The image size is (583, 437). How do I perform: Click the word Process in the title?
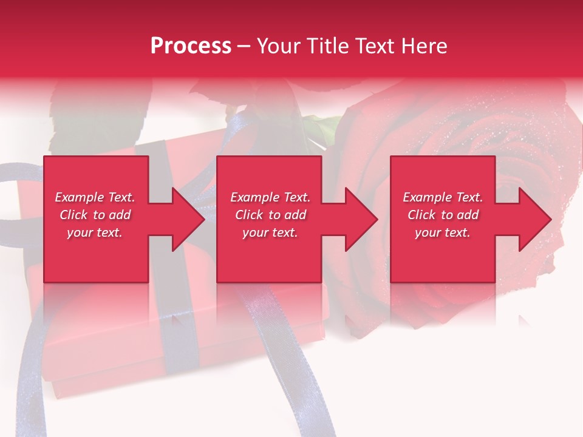point(191,46)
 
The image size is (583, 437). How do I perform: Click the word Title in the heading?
point(326,46)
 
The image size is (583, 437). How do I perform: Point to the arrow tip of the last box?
point(546,219)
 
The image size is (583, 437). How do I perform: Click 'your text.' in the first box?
point(95,232)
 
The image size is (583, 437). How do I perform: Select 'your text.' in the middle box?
point(270,232)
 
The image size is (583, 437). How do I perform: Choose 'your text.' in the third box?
point(442,232)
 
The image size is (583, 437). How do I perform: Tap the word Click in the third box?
point(421,215)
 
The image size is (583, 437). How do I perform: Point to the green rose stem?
point(326,128)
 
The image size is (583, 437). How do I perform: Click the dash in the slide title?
point(244,47)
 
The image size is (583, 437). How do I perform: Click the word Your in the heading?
point(277,46)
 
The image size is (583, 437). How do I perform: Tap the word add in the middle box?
point(295,215)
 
